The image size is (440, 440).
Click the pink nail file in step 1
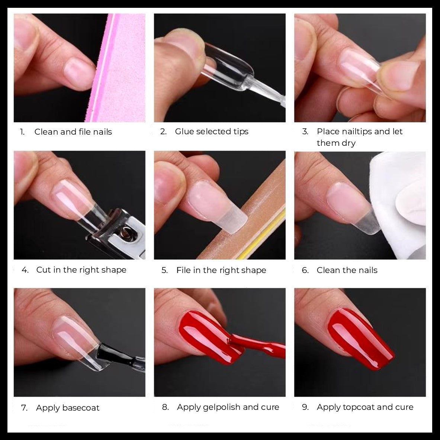(118, 67)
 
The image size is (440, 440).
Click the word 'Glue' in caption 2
(184, 131)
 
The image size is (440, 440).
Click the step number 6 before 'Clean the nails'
(305, 270)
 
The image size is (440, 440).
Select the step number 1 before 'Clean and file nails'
(22, 132)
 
